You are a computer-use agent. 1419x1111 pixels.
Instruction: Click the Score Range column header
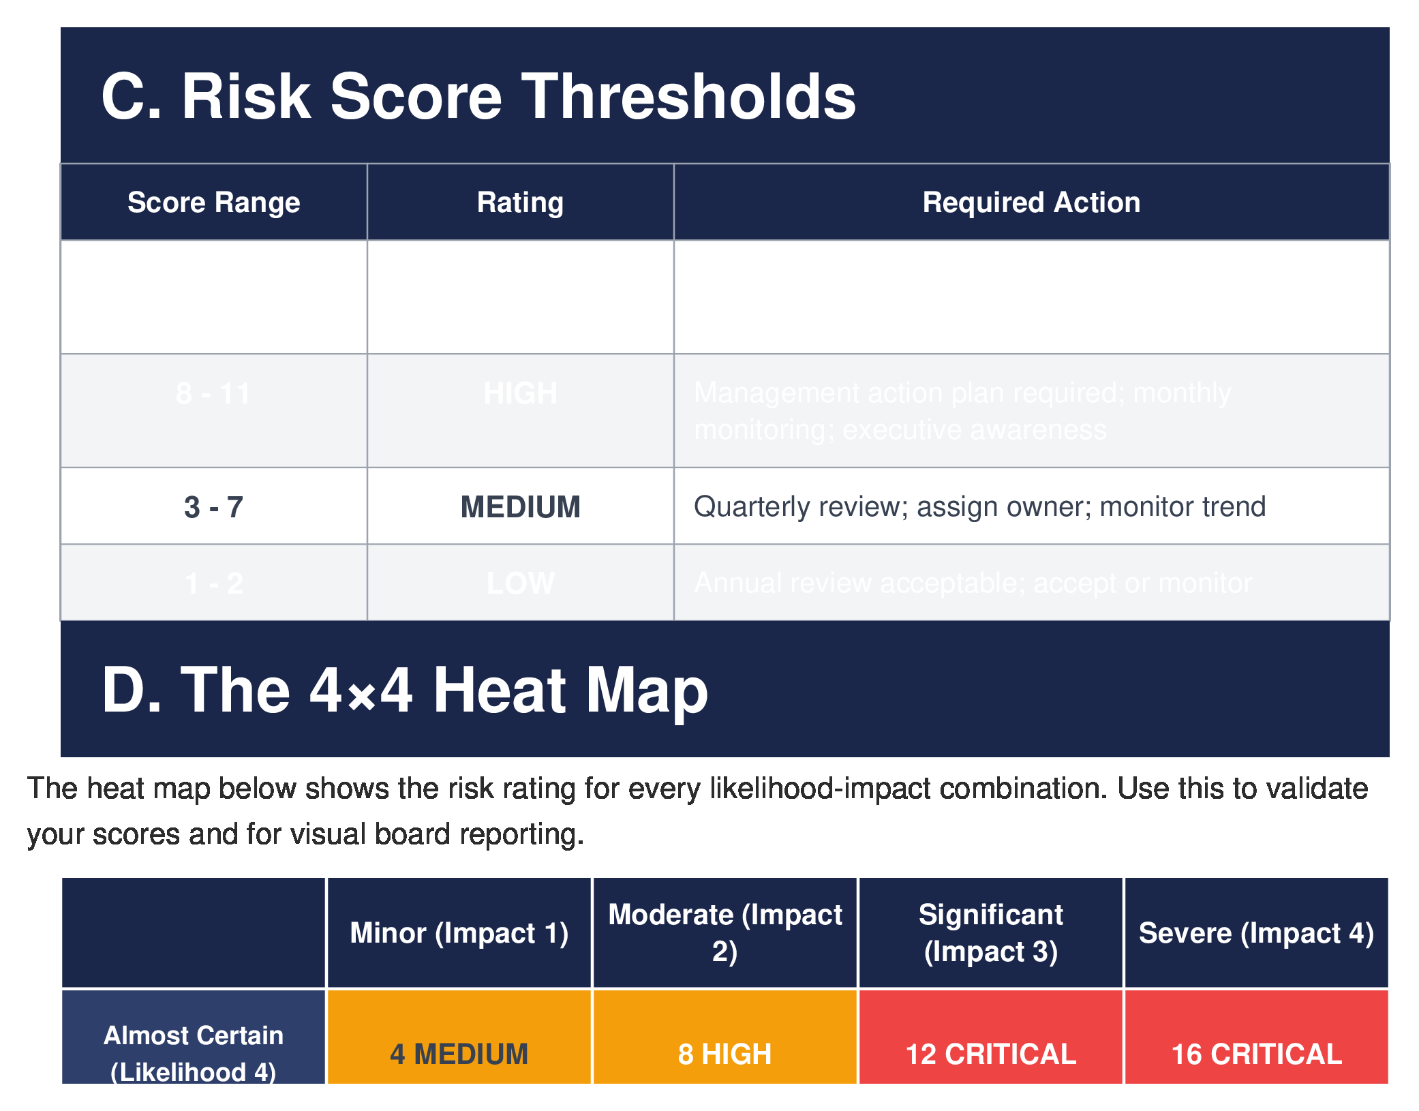(213, 202)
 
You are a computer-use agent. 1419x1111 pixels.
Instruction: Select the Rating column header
(520, 202)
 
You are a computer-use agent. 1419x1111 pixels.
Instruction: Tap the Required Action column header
(1031, 202)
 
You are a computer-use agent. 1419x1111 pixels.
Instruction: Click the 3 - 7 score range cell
(213, 507)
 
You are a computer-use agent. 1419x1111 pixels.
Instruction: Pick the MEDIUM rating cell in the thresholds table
(520, 507)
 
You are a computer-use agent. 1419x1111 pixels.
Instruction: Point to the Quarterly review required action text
(979, 507)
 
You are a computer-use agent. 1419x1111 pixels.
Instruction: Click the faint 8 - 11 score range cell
(213, 393)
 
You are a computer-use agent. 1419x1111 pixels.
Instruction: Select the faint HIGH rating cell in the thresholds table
(520, 393)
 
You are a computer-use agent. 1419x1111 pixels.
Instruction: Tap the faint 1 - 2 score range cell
(213, 583)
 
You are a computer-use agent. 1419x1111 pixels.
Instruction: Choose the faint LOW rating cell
(520, 583)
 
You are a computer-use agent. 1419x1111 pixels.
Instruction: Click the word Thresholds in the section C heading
(688, 97)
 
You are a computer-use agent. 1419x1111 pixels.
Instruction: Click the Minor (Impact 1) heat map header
(459, 933)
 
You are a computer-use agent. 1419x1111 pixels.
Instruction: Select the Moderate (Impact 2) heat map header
(724, 932)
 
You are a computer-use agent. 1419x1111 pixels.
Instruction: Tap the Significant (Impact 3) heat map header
(990, 932)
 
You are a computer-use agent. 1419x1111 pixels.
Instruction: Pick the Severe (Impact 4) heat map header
(1255, 933)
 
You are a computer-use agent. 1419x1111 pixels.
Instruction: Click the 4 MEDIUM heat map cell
(459, 1053)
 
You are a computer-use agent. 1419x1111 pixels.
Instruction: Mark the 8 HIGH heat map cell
(724, 1053)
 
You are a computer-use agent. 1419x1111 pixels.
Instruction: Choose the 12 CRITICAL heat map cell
(990, 1053)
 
